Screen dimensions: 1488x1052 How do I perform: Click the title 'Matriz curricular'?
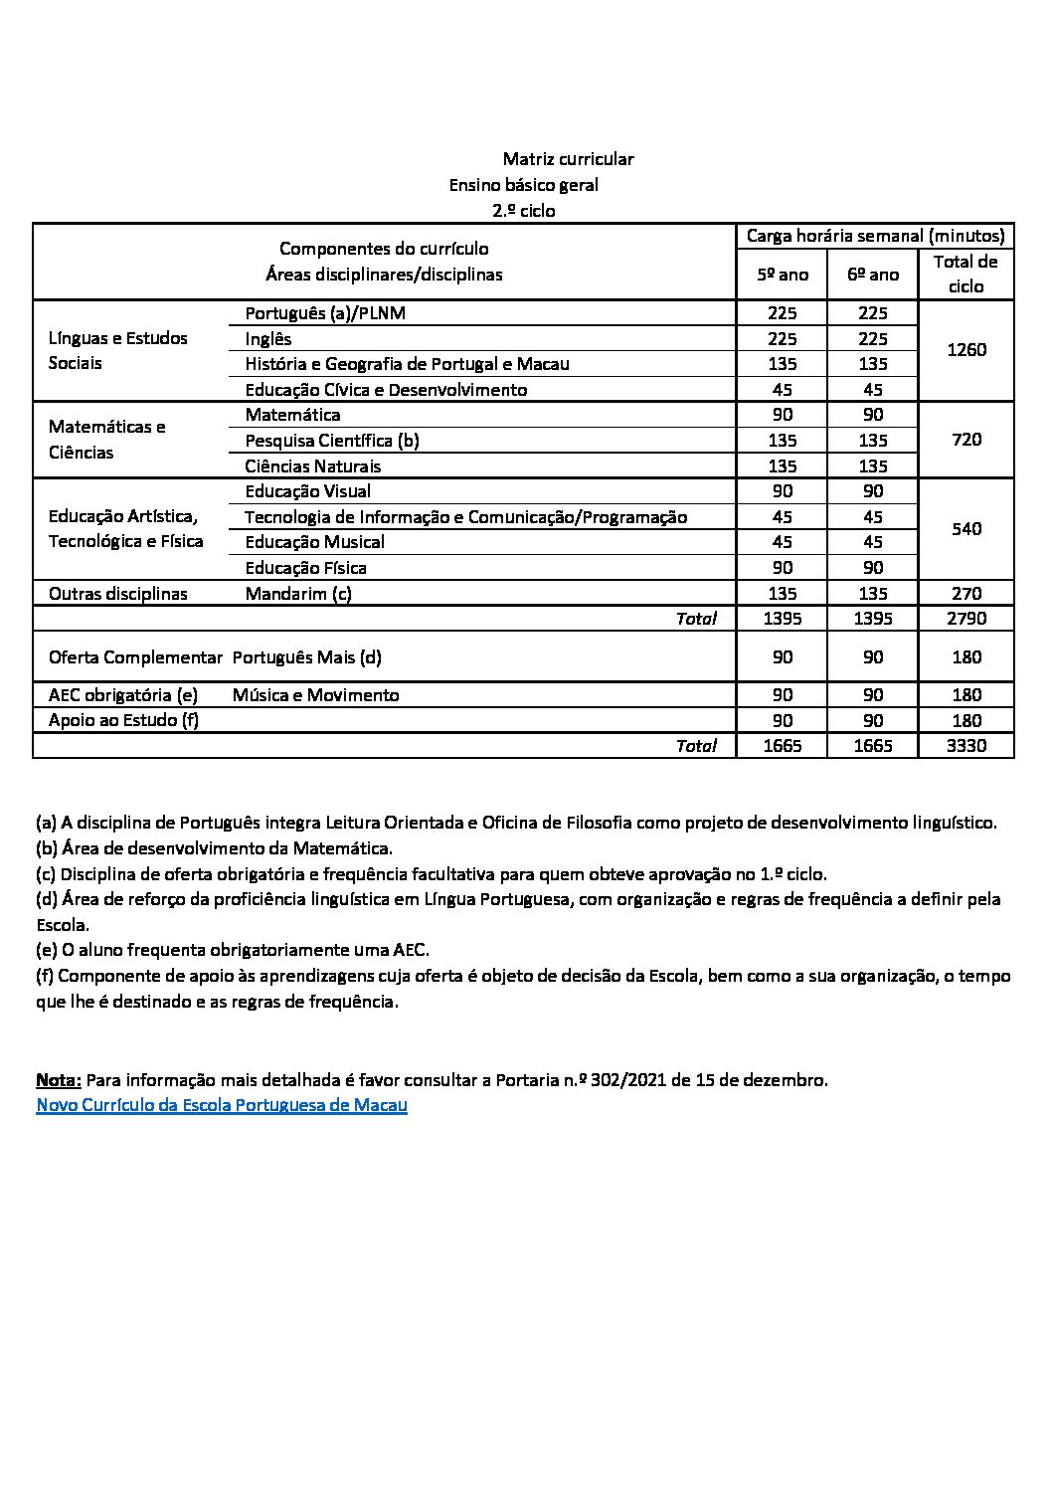[568, 159]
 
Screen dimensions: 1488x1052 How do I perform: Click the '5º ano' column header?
[783, 275]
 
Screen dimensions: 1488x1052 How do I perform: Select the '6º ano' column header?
[872, 275]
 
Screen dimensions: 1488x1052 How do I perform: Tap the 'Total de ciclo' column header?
[965, 274]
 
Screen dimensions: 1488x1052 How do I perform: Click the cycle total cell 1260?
[966, 350]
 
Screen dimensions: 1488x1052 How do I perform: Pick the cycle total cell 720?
[966, 440]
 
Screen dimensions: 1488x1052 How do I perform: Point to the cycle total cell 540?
[966, 529]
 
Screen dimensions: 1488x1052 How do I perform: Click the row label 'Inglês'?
[268, 339]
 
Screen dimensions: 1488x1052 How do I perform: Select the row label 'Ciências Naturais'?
[313, 466]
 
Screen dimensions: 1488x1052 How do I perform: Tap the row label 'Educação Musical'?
[315, 542]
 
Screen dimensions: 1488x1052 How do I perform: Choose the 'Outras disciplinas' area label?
[118, 594]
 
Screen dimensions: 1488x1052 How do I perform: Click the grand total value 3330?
[966, 746]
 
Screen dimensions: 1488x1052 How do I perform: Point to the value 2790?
[966, 619]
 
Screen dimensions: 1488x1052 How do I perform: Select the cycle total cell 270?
[966, 594]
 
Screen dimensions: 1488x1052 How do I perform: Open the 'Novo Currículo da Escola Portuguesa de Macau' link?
[222, 1105]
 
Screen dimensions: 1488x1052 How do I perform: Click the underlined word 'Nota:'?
[59, 1080]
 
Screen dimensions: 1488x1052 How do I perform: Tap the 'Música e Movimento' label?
[315, 695]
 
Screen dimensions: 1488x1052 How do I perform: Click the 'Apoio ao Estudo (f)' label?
[123, 720]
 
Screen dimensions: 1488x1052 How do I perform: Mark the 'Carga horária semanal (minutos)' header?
[875, 236]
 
